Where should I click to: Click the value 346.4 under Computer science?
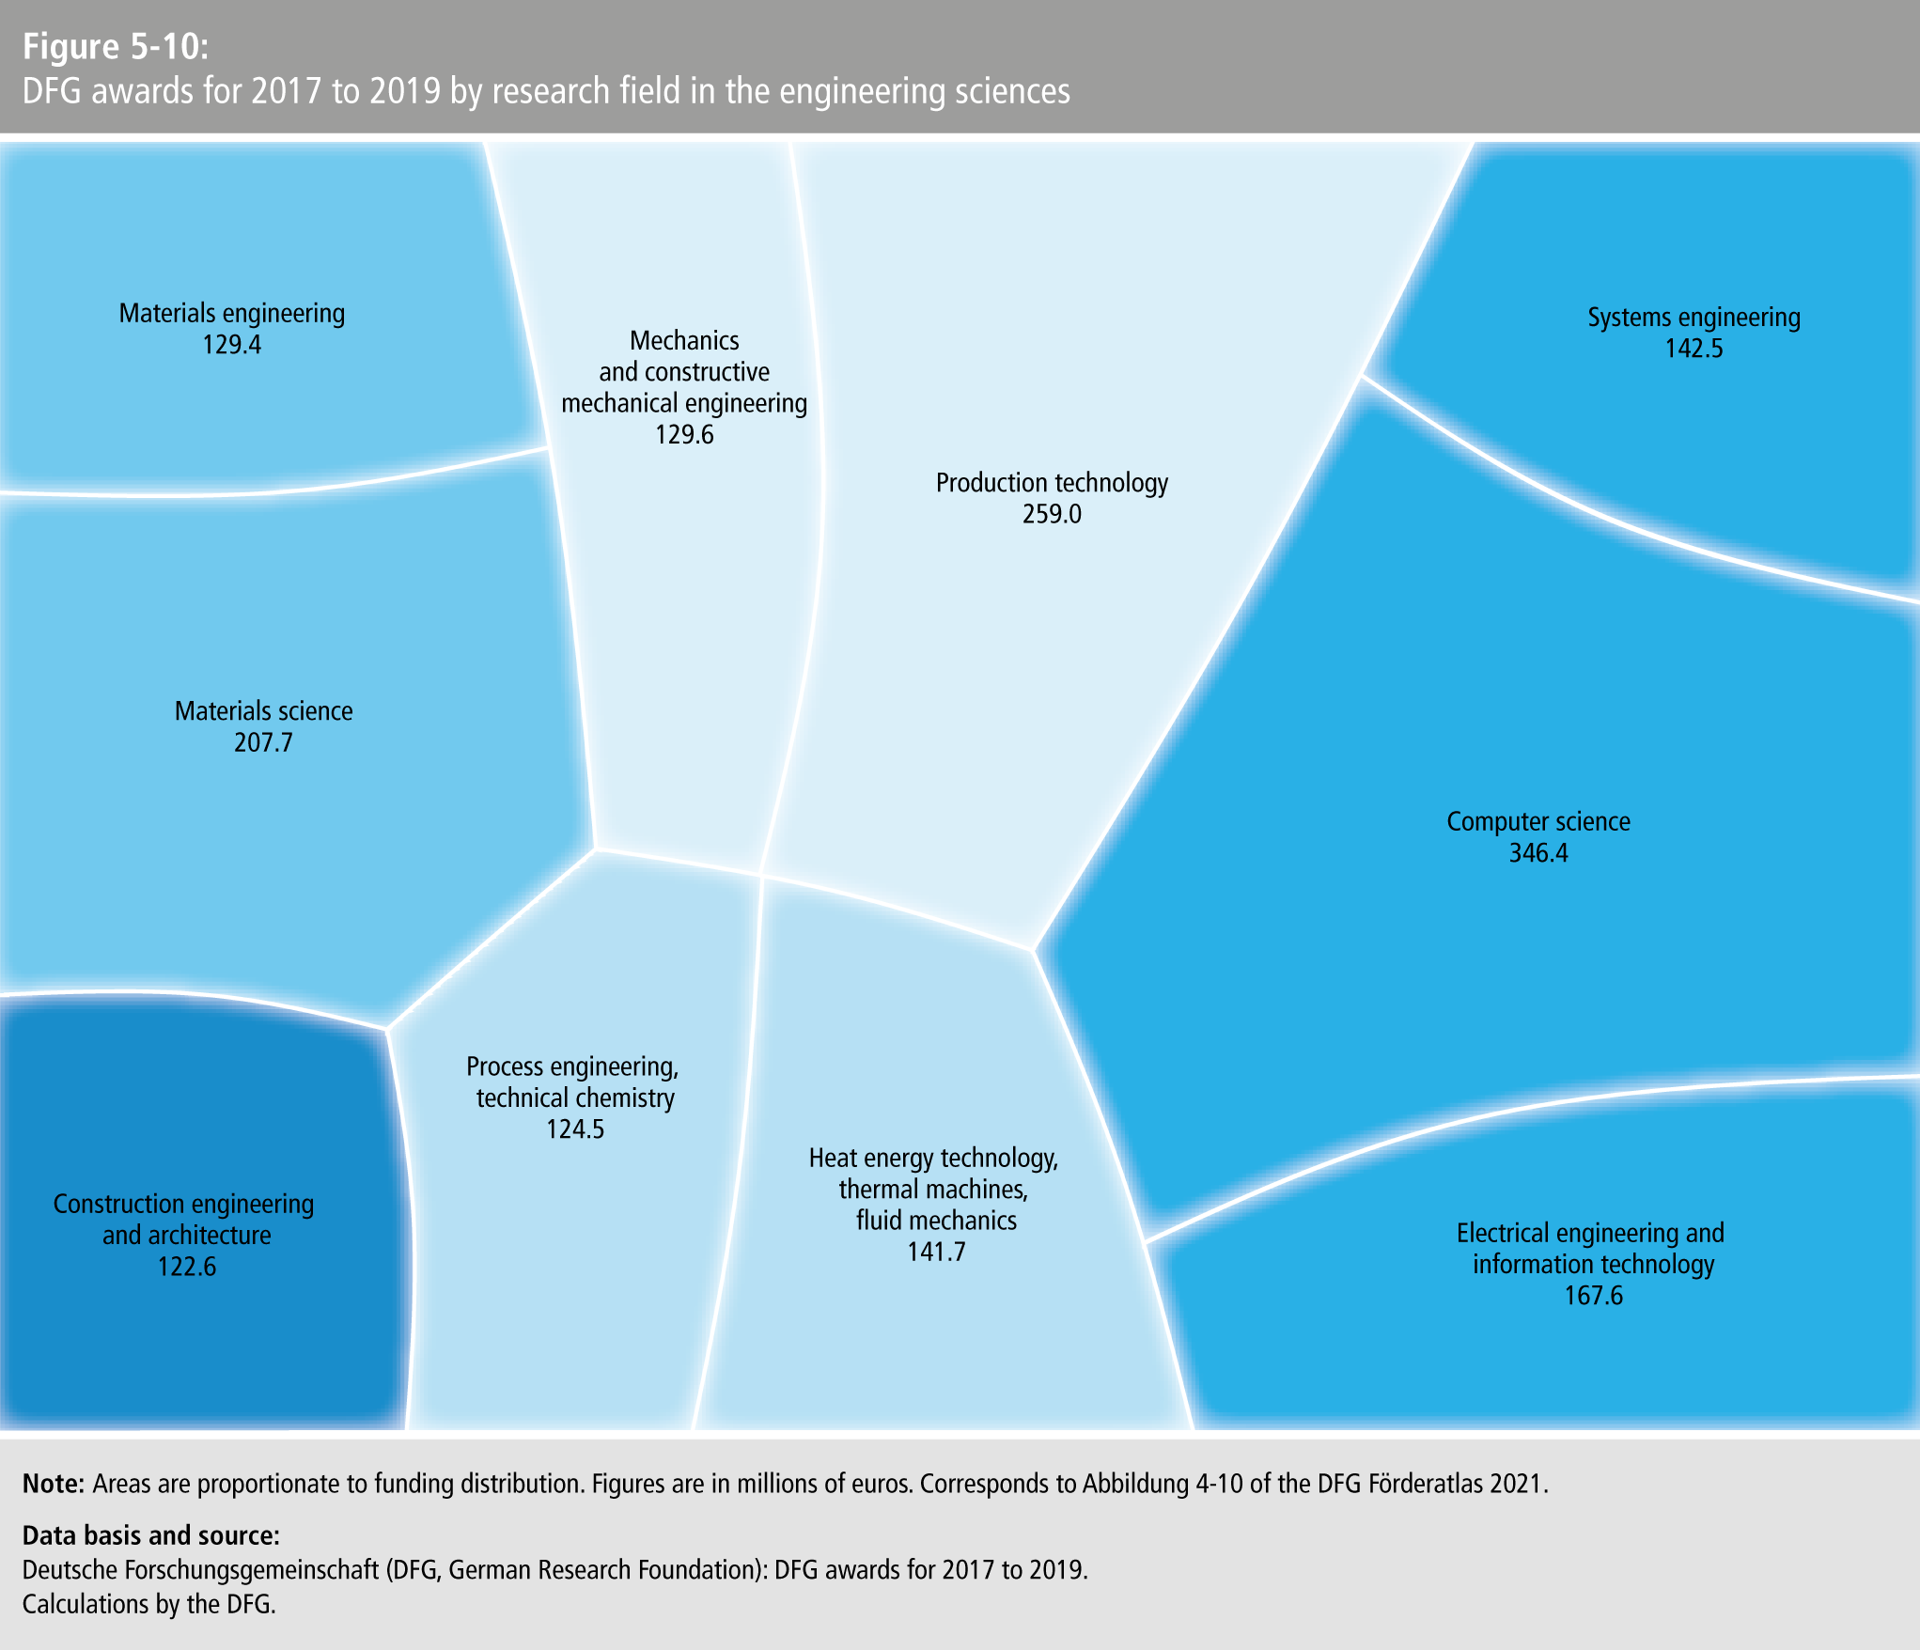pyautogui.click(x=1538, y=853)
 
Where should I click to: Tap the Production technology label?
pyautogui.click(x=1052, y=483)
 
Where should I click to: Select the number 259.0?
pyautogui.click(x=1052, y=515)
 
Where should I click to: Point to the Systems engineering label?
pyautogui.click(x=1694, y=318)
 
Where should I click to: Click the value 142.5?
pyautogui.click(x=1694, y=350)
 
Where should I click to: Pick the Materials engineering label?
pyautogui.click(x=231, y=313)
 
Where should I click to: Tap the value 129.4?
pyautogui.click(x=231, y=345)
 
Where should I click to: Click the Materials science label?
pyautogui.click(x=263, y=711)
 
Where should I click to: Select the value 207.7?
pyautogui.click(x=263, y=743)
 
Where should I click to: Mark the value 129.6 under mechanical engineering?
pyautogui.click(x=684, y=435)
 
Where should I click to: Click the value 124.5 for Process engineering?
pyautogui.click(x=575, y=1129)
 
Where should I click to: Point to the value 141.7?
pyautogui.click(x=936, y=1253)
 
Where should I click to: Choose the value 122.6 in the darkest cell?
pyautogui.click(x=186, y=1268)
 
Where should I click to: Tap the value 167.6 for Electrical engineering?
pyautogui.click(x=1593, y=1297)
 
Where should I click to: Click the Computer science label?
pyautogui.click(x=1538, y=822)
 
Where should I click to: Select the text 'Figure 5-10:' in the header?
pyautogui.click(x=116, y=46)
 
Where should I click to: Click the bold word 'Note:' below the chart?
pyautogui.click(x=54, y=1484)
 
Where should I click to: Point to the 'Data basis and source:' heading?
pyautogui.click(x=151, y=1535)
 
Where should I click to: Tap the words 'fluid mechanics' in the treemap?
pyautogui.click(x=936, y=1221)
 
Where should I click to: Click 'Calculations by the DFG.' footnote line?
pyautogui.click(x=148, y=1604)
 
